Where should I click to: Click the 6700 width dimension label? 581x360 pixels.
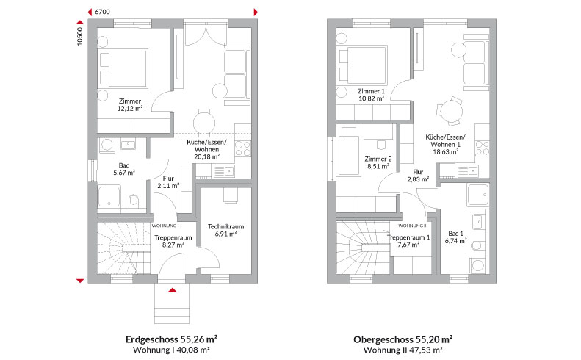pos(102,12)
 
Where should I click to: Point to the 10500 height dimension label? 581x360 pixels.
pos(80,37)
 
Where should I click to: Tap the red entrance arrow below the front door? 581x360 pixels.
pos(173,290)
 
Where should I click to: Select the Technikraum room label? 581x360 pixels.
pos(225,226)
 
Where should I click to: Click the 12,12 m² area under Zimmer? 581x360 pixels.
pos(130,108)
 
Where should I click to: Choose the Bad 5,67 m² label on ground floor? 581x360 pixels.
pos(124,169)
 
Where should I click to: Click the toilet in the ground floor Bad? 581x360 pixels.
pos(134,201)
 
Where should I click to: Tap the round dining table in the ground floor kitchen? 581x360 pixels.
pos(203,122)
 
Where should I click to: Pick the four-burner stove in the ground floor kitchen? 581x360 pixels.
pos(243,148)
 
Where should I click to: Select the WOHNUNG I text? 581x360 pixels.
pos(165,226)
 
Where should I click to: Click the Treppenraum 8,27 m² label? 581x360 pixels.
pos(173,241)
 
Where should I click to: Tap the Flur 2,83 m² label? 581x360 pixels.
pos(418,176)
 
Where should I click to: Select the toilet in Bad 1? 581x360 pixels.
pos(477,245)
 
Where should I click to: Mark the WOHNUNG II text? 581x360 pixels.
pos(412,226)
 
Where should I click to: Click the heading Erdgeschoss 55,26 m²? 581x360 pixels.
pos(172,339)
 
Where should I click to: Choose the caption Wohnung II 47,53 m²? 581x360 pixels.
pos(403,350)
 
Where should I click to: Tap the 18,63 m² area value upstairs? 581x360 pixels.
pos(446,151)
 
